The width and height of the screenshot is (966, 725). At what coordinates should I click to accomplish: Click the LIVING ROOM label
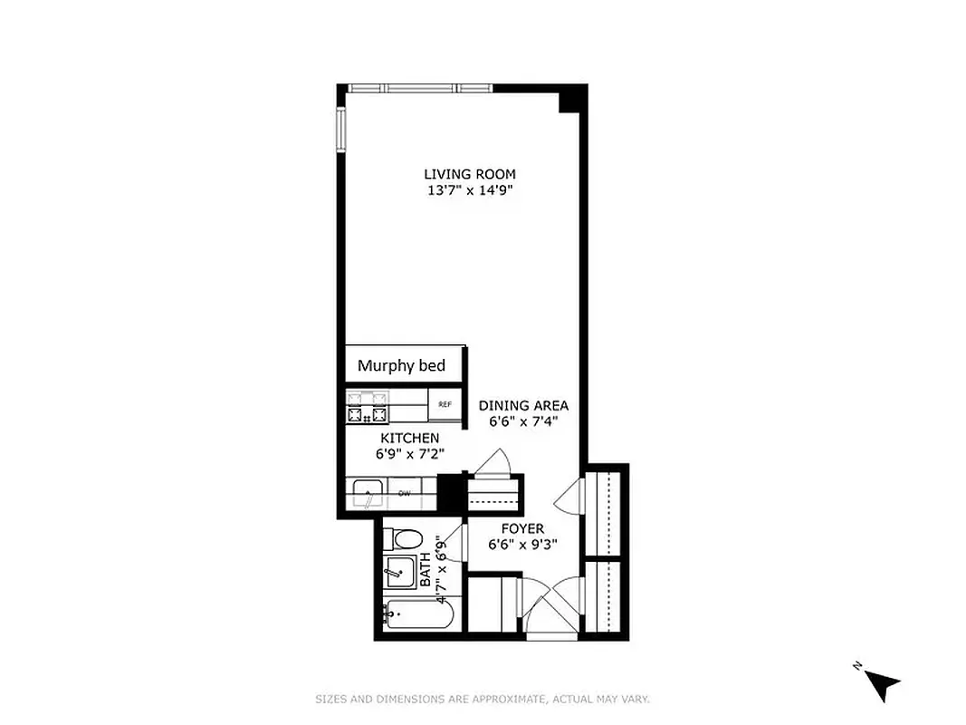(470, 174)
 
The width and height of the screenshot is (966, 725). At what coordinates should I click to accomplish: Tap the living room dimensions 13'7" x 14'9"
(470, 190)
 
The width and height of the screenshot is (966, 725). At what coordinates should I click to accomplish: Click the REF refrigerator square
(445, 405)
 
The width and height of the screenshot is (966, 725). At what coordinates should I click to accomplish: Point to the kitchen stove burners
(367, 406)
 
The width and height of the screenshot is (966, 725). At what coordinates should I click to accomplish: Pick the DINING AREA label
(523, 405)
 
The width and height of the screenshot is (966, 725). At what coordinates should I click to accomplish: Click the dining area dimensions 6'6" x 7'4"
(523, 421)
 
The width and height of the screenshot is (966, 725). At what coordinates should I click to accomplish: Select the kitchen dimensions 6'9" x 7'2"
(409, 454)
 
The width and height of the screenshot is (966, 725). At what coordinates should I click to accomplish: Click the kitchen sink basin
(369, 495)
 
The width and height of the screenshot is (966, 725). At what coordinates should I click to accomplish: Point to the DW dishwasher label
(405, 494)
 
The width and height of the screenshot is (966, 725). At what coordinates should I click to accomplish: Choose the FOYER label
(522, 528)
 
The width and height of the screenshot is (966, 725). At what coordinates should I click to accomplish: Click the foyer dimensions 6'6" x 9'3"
(522, 545)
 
